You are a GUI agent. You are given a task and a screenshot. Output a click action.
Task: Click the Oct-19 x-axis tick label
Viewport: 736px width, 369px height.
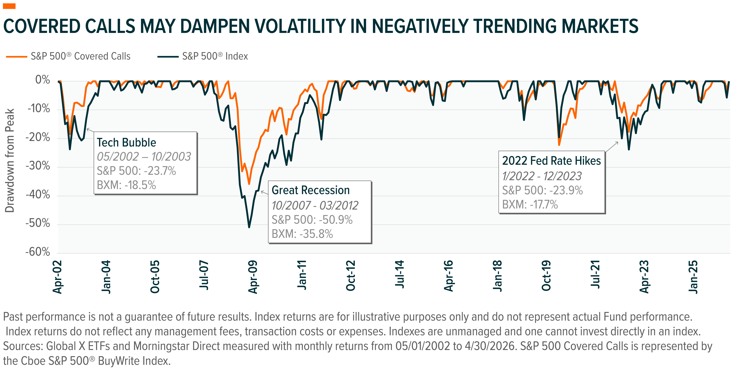point(546,276)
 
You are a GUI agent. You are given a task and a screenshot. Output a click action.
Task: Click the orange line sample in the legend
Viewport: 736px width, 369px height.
point(17,57)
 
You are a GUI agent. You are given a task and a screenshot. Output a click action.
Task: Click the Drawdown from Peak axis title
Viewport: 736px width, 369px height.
point(10,160)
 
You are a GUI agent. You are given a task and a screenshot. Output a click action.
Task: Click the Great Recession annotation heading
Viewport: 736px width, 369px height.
point(311,190)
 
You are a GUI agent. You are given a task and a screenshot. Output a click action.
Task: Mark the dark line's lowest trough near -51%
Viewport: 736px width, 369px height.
point(249,227)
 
